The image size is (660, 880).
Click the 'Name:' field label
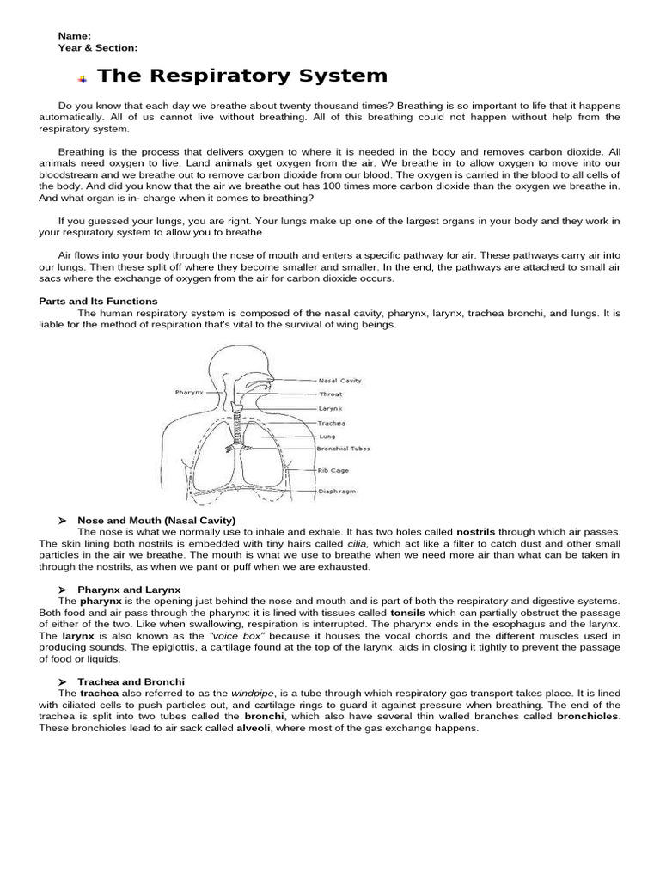(x=75, y=36)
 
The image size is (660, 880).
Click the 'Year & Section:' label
(x=98, y=48)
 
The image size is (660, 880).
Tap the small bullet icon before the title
(x=83, y=78)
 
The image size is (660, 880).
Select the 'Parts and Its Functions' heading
(x=99, y=302)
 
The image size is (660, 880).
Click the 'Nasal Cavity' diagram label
(x=339, y=380)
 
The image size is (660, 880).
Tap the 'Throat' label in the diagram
(x=331, y=394)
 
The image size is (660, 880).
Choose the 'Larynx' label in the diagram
(x=331, y=409)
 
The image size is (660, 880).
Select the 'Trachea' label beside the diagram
(x=332, y=423)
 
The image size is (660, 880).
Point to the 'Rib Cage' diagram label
(x=334, y=470)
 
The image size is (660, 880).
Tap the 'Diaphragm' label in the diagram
(x=337, y=492)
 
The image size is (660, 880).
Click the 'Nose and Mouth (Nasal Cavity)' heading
(x=156, y=521)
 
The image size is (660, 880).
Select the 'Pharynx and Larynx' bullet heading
(x=129, y=590)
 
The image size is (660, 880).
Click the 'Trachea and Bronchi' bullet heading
(x=131, y=681)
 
